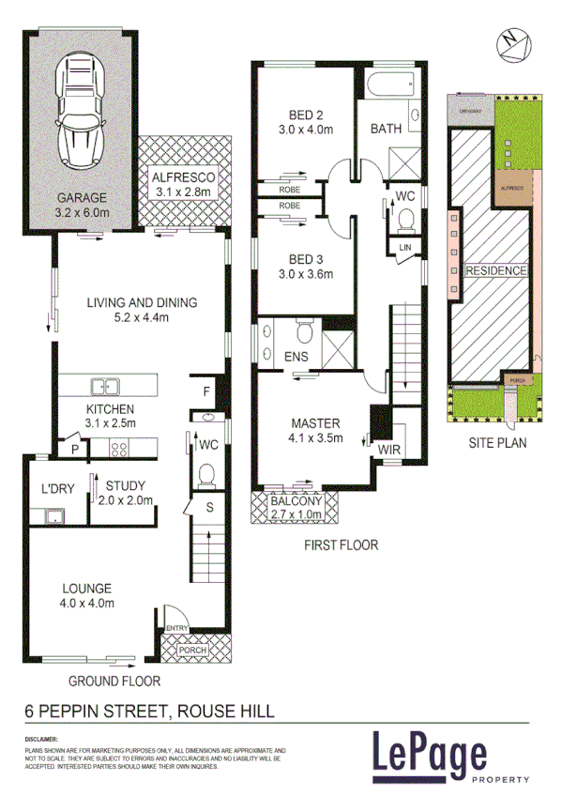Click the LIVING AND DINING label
(x=142, y=302)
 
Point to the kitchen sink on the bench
(x=104, y=385)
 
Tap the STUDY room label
(x=125, y=485)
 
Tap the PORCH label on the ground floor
(x=195, y=649)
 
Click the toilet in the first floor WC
(x=405, y=220)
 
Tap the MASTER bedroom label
(x=314, y=422)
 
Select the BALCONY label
(x=296, y=502)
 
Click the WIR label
(x=389, y=451)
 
